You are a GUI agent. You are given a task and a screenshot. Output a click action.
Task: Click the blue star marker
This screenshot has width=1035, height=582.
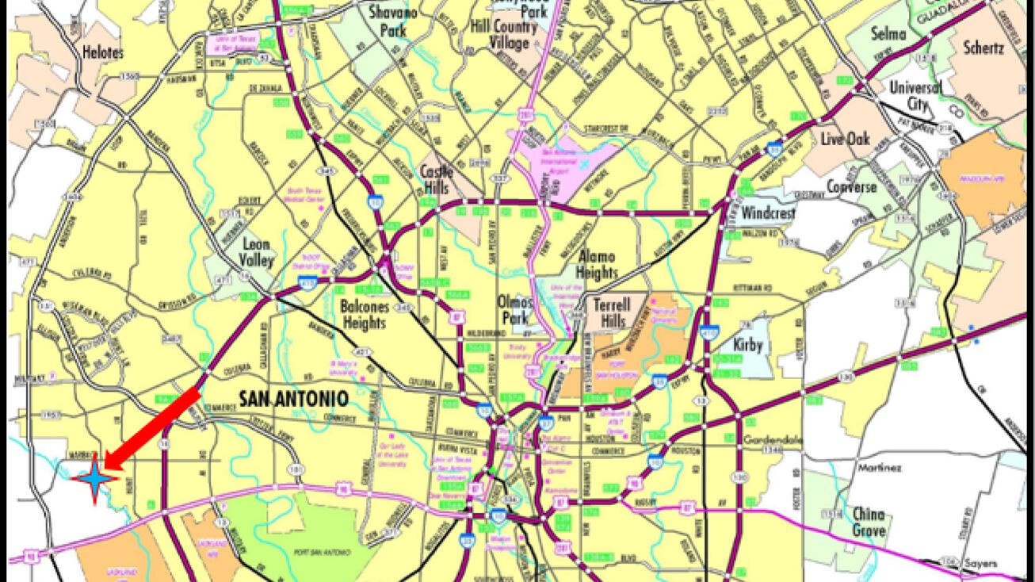pos(94,478)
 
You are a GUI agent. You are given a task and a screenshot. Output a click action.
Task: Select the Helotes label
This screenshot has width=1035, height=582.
pos(103,52)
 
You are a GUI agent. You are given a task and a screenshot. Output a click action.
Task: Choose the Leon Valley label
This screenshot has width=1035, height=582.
pos(256,252)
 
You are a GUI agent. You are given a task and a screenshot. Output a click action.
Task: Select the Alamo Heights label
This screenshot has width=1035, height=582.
pos(598,264)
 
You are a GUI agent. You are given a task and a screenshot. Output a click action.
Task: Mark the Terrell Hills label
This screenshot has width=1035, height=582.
pos(613,312)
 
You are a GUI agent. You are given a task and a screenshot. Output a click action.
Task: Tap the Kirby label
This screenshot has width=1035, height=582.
pos(747,345)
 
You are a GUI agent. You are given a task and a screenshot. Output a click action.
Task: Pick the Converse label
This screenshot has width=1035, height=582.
pos(852,187)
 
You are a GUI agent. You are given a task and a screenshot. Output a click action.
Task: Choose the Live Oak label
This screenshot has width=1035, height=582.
pos(845,140)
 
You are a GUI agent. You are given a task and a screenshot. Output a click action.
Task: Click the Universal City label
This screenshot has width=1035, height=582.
pos(915,95)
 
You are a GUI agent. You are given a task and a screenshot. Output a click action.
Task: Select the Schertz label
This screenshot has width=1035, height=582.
pos(983,48)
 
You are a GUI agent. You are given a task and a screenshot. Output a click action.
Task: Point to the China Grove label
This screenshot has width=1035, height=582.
pos(869,521)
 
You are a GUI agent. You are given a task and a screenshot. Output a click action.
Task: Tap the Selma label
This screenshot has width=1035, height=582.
pos(888,33)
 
